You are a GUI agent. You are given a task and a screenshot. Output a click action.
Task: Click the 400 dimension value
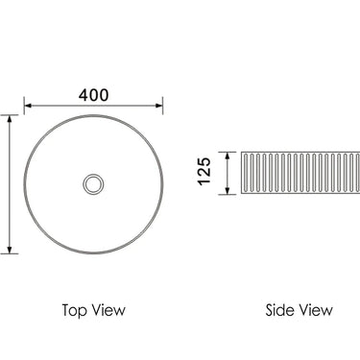(x=93, y=94)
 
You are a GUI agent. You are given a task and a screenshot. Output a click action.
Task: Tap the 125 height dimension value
(x=204, y=174)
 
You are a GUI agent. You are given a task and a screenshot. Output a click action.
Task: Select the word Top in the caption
(x=76, y=310)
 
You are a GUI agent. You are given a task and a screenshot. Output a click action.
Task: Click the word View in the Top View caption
(x=108, y=310)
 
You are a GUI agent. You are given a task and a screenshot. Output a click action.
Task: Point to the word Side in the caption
(x=281, y=310)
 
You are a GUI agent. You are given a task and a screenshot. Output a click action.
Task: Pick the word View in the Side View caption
(x=316, y=310)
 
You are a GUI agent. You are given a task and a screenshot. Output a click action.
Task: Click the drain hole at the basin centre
(x=93, y=182)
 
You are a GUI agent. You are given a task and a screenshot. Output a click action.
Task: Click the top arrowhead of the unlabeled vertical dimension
(x=10, y=118)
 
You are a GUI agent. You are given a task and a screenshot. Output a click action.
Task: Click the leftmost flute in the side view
(x=245, y=174)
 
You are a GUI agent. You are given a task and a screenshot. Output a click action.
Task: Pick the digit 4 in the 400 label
(x=83, y=94)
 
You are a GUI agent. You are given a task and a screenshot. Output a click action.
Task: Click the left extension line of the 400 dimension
(x=23, y=105)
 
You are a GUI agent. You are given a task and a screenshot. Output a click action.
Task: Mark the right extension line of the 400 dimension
(x=162, y=105)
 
